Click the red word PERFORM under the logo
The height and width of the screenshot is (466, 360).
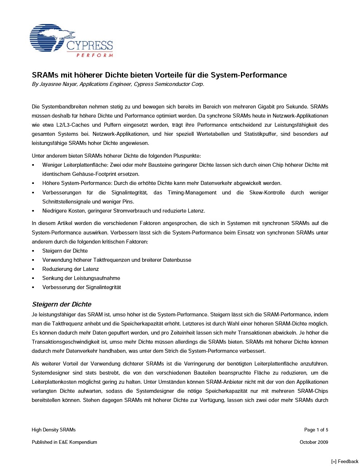[94, 55]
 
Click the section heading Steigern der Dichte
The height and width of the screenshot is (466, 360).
[62, 304]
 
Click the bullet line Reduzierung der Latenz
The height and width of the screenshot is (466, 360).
[70, 269]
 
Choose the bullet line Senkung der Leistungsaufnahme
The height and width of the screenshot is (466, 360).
[81, 278]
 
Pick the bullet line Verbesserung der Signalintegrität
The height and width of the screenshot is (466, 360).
[82, 287]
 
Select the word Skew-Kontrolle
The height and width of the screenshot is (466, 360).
[267, 193]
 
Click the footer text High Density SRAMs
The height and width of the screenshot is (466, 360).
[54, 430]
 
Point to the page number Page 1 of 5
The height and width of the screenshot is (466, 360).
[316, 430]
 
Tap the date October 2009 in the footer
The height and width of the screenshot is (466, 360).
[314, 442]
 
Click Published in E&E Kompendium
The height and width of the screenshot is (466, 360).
[64, 442]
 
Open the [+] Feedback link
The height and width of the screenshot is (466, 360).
[345, 461]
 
